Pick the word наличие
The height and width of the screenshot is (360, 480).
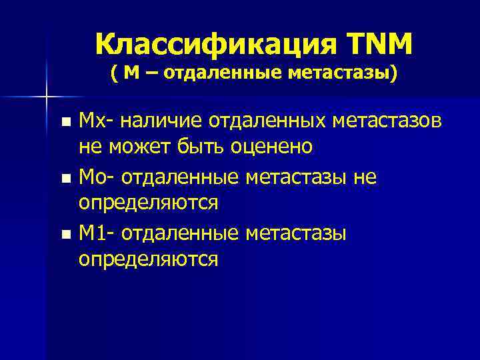(170, 122)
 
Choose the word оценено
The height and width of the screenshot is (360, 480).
(273, 146)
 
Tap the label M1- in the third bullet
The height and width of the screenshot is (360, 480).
(97, 234)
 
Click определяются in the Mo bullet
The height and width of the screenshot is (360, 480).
(148, 202)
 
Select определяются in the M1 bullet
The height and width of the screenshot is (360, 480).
(148, 258)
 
